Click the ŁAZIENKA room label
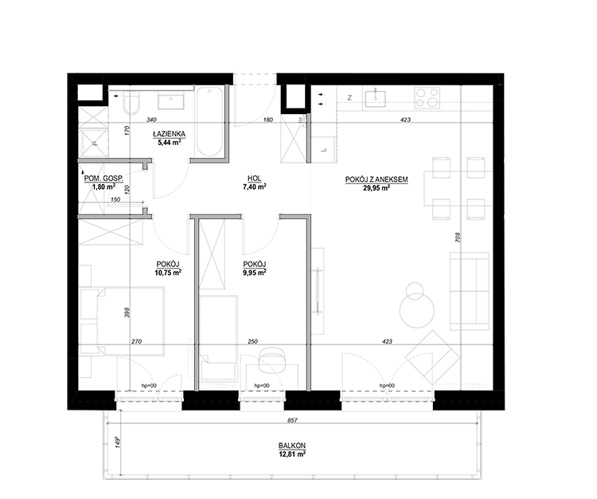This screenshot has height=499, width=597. pyautogui.click(x=169, y=134)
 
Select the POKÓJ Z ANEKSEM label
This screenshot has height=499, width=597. pyautogui.click(x=377, y=179)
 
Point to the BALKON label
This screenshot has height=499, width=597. pyautogui.click(x=292, y=446)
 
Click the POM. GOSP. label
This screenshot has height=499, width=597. pyautogui.click(x=103, y=178)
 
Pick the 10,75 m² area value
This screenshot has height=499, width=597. pyautogui.click(x=167, y=273)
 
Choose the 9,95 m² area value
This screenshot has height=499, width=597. pyautogui.click(x=255, y=273)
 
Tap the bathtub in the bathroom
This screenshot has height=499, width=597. pyautogui.click(x=209, y=122)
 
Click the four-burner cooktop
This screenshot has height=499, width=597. pyautogui.click(x=427, y=97)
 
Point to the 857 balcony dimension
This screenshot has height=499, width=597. pyautogui.click(x=292, y=421)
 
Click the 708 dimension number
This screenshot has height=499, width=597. pyautogui.click(x=458, y=238)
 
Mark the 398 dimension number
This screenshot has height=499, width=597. pyautogui.click(x=127, y=312)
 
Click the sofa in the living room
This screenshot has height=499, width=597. pyautogui.click(x=469, y=290)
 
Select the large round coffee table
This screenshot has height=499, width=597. pyautogui.click(x=417, y=310)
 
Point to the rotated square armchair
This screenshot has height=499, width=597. pyautogui.click(x=432, y=358)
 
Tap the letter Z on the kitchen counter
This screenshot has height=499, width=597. pyautogui.click(x=349, y=98)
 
